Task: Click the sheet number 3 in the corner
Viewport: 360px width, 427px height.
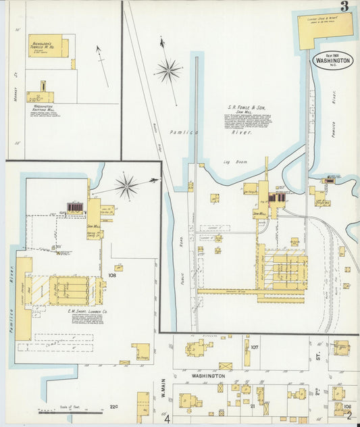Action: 344,7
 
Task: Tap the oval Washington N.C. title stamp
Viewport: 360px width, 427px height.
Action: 332,59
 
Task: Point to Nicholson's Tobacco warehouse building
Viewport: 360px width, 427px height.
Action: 45,46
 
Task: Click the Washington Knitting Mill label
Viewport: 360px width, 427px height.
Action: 43,109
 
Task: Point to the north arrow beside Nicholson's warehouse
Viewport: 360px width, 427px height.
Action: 102,66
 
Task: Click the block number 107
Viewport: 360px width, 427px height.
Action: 255,347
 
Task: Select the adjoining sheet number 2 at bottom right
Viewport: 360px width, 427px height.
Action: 349,418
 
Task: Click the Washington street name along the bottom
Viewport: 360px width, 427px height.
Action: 207,376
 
